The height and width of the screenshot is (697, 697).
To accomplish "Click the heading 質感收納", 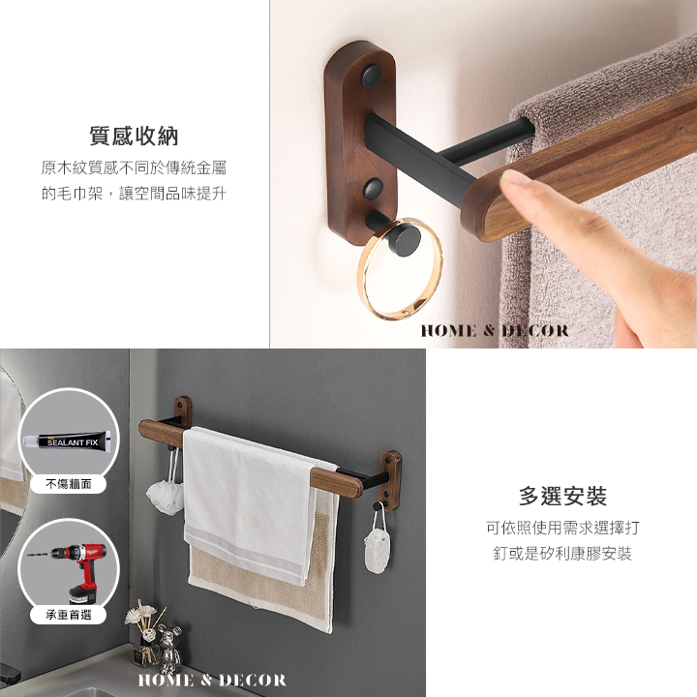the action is point(134,136).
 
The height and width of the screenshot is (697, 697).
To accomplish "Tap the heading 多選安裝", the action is point(562,496).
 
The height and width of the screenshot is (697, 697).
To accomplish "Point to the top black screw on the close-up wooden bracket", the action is point(371,76).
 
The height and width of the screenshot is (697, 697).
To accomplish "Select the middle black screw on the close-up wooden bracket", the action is point(374,189).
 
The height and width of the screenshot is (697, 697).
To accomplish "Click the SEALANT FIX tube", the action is point(67,441).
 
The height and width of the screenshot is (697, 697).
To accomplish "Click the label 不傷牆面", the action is point(69,484).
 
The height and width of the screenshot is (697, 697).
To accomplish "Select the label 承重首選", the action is point(69,615).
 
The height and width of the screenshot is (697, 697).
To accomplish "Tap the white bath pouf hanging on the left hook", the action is point(165,497).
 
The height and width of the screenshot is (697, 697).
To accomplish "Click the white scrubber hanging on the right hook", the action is point(377,549).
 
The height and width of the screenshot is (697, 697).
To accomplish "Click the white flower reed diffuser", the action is point(143,631).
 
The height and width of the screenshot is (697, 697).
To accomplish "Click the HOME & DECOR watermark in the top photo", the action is point(495,330).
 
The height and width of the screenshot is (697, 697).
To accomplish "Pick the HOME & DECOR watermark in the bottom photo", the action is point(212,680).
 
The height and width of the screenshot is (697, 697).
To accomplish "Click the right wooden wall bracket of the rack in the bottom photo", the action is point(391,481).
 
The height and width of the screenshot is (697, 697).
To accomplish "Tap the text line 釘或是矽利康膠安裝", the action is point(562,554).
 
